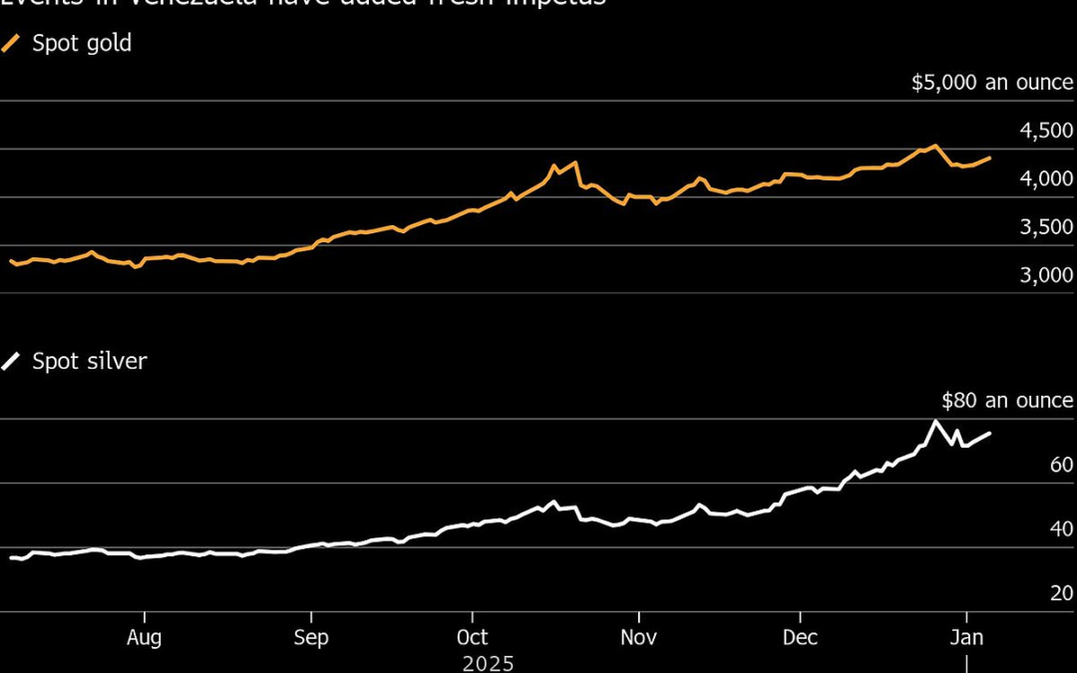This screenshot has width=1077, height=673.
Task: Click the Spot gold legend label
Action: [x=82, y=44]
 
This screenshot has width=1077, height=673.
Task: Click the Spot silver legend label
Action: [x=89, y=361]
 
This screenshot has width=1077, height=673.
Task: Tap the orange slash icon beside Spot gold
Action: [x=12, y=44]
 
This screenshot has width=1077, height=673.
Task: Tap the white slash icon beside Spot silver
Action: [x=12, y=361]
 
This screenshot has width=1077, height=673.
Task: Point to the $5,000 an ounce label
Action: [x=992, y=83]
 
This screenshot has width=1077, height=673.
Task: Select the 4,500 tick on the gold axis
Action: [x=1045, y=132]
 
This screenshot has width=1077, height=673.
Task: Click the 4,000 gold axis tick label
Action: [x=1045, y=179]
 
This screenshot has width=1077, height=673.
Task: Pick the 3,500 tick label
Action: [x=1045, y=227]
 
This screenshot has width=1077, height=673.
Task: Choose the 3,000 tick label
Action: [x=1045, y=275]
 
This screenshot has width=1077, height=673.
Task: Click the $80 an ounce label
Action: [x=1007, y=401]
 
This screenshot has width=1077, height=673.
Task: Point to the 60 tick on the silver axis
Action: [x=1061, y=465]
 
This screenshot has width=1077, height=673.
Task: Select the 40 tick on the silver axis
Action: [x=1061, y=528]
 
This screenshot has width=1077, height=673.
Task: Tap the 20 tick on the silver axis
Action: [x=1061, y=593]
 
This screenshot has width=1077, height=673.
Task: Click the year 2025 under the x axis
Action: [x=490, y=662]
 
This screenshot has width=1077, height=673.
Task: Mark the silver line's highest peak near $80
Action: [x=935, y=421]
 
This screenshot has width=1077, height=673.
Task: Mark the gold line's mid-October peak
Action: [x=554, y=166]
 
